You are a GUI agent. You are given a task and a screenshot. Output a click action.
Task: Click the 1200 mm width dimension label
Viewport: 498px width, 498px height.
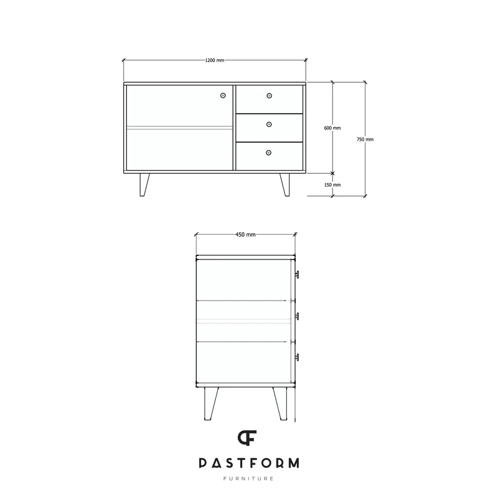point(215,60)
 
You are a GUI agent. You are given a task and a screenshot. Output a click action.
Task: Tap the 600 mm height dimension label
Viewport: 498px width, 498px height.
point(332,128)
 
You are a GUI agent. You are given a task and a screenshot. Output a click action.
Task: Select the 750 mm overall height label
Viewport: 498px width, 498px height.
point(365,139)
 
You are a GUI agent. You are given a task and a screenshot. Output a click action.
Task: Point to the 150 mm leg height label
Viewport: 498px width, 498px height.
point(332,185)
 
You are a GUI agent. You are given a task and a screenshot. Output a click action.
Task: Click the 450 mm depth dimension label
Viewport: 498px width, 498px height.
point(245,235)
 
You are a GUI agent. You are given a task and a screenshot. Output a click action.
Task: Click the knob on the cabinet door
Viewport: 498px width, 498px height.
point(223,95)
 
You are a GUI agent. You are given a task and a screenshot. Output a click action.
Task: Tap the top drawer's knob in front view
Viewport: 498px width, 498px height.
point(270,96)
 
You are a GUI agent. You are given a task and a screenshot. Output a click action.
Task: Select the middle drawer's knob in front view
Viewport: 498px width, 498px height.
point(269,124)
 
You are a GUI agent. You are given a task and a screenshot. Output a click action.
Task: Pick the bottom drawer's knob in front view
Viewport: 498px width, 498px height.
point(269,153)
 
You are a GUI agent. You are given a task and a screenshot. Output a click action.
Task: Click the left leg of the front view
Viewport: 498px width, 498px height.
point(144,185)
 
